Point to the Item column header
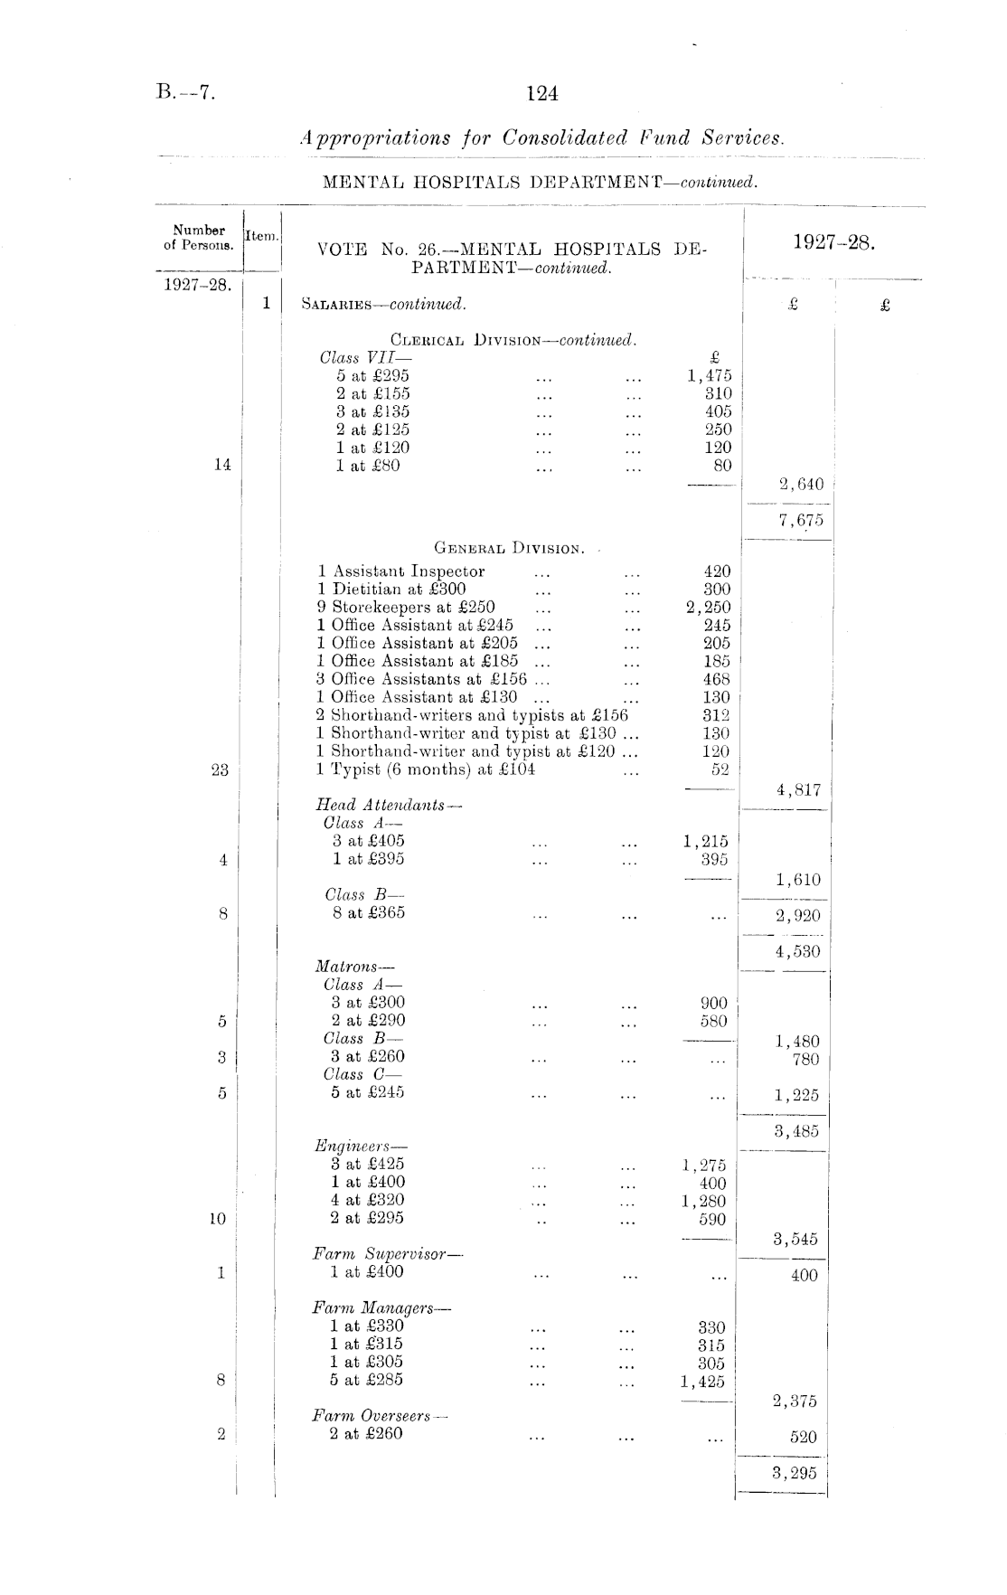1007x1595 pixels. coord(262,236)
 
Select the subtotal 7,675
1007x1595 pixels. coord(799,520)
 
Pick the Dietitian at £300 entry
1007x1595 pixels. coord(391,589)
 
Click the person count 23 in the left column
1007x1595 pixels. coord(220,770)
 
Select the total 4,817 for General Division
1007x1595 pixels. coord(799,790)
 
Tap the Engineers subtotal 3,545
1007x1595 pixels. coord(795,1239)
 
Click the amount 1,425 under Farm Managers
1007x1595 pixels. coord(703,1381)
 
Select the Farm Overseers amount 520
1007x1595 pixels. coord(804,1437)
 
